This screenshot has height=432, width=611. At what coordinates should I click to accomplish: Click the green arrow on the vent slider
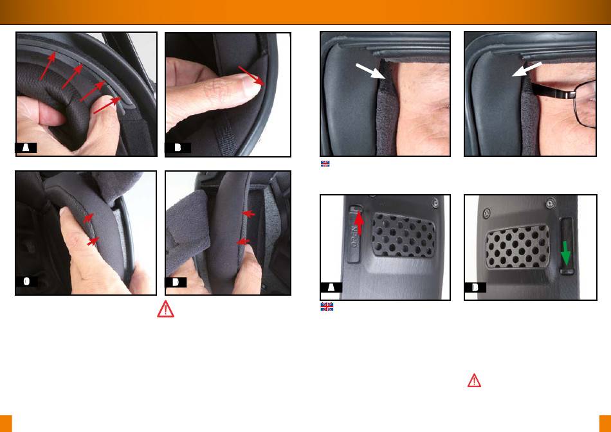[565, 253]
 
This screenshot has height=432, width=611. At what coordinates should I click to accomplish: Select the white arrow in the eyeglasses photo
[527, 69]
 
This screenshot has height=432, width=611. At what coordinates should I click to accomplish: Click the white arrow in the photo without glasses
[370, 71]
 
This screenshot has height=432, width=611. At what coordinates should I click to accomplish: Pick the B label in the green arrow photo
[475, 287]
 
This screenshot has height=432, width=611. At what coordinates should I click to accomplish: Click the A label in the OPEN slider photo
[331, 287]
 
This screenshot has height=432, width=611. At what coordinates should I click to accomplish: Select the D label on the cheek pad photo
[176, 282]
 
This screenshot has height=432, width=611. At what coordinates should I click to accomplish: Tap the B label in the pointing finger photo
[178, 148]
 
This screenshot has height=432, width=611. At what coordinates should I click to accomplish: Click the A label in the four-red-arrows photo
[26, 148]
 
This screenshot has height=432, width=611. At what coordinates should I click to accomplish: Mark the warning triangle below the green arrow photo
[474, 380]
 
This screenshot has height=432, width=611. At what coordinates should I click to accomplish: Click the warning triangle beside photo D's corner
[165, 309]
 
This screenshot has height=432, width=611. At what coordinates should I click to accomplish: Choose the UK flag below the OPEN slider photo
[327, 307]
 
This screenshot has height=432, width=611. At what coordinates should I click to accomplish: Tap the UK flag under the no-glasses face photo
[325, 164]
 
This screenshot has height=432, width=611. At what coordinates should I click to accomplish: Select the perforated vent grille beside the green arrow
[518, 246]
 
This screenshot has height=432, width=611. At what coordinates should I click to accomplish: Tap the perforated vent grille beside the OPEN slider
[403, 235]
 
